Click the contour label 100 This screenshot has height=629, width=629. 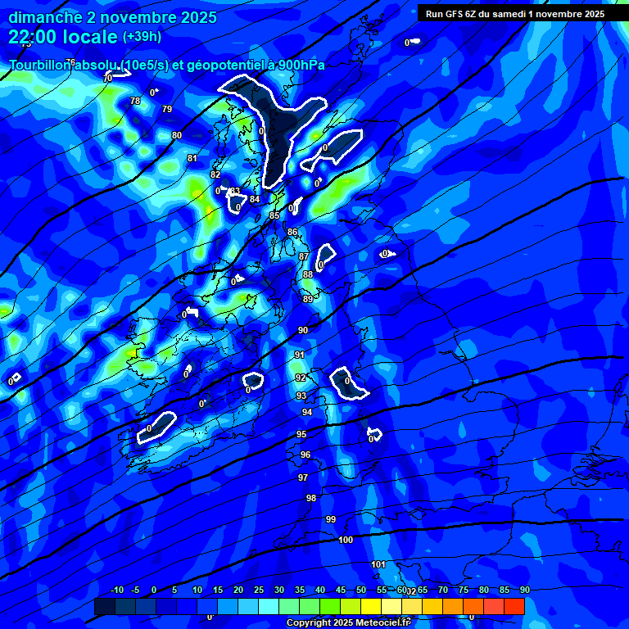tap(346, 540)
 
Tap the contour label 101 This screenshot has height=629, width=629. tap(378, 564)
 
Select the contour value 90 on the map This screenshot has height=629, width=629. tap(303, 330)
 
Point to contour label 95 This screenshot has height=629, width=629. tap(301, 434)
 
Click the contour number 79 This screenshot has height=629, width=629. tap(167, 109)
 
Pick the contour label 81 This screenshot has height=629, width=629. tap(192, 158)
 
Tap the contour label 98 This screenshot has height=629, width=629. tap(311, 498)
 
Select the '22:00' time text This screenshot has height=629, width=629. tap(32, 37)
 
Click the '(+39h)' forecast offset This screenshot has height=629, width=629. tap(142, 37)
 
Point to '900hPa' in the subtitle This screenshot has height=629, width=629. tap(300, 65)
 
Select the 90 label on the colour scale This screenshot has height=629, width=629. tap(524, 590)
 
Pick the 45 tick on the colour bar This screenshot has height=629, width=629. tap(341, 590)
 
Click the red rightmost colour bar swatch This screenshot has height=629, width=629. tap(514, 606)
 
